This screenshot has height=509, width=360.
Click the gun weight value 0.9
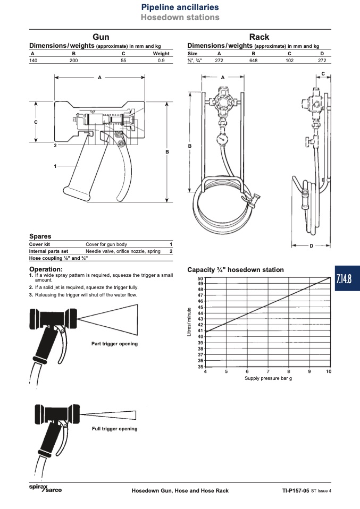click(x=161, y=61)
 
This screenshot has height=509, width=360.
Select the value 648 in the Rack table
click(x=254, y=61)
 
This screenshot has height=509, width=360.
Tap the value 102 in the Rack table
click(x=289, y=61)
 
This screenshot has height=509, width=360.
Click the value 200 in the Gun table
click(x=74, y=61)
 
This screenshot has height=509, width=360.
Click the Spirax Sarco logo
click(x=45, y=488)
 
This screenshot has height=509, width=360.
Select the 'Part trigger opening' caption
click(x=114, y=344)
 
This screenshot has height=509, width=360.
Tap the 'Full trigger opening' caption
click(x=115, y=429)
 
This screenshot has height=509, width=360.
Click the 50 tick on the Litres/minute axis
click(x=200, y=278)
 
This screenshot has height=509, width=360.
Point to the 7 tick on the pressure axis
click(x=268, y=371)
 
